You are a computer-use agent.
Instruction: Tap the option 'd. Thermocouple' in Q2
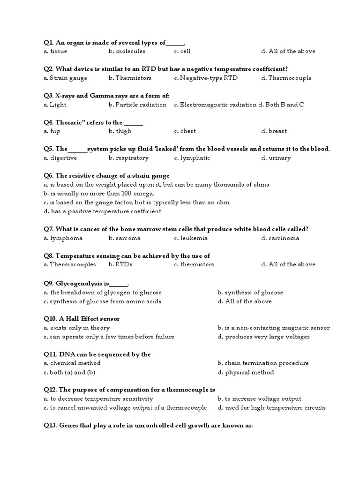(x=286, y=78)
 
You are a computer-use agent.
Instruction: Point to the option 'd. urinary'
(x=276, y=158)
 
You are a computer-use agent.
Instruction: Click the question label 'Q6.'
(x=49, y=176)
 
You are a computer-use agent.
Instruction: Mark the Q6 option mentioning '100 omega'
(x=98, y=193)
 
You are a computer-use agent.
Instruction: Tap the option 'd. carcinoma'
(x=280, y=238)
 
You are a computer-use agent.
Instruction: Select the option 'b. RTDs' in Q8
(x=120, y=264)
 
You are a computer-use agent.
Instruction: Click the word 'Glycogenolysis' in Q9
(x=82, y=284)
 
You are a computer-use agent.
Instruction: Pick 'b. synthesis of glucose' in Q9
(x=250, y=292)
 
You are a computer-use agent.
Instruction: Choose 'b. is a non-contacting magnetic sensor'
(x=274, y=328)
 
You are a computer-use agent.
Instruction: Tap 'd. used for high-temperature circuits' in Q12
(x=271, y=407)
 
